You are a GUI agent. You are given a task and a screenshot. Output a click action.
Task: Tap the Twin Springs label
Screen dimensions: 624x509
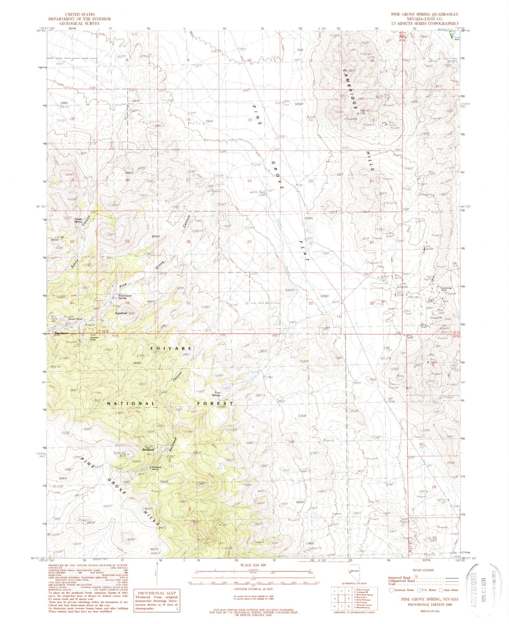pos(216,394)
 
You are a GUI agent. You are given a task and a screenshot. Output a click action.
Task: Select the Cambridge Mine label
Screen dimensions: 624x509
pos(447,290)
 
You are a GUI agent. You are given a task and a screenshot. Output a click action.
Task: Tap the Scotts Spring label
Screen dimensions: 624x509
pos(78,220)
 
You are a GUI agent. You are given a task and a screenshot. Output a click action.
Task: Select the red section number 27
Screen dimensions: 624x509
pos(249,242)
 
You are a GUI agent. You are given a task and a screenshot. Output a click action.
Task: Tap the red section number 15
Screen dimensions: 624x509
pos(250,120)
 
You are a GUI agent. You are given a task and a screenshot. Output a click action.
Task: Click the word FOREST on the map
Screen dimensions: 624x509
pos(215,403)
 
